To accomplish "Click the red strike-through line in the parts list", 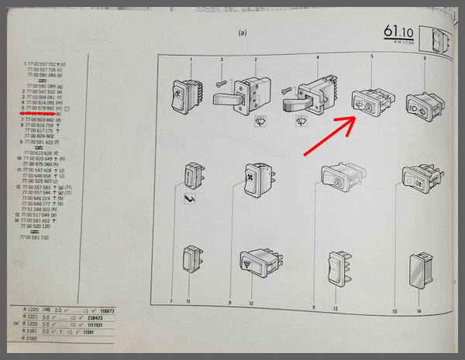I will tap(33, 113).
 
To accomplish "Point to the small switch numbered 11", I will tap(191, 260).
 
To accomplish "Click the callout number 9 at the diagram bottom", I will tap(313, 308).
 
